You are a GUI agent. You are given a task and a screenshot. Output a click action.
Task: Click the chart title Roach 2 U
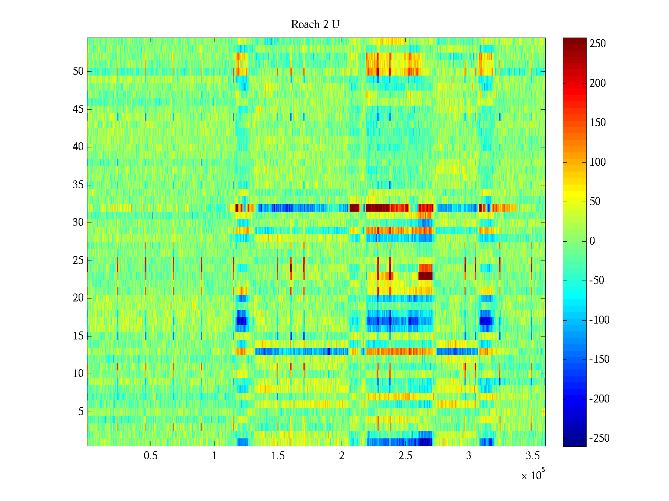(315, 25)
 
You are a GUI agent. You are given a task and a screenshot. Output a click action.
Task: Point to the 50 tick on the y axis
(78, 71)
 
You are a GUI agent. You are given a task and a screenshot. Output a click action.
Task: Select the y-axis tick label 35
(78, 185)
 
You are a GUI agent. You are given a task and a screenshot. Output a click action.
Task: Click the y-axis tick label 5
(81, 412)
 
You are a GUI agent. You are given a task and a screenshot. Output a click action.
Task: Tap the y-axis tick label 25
(78, 261)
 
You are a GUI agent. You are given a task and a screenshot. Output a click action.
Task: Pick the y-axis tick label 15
(78, 336)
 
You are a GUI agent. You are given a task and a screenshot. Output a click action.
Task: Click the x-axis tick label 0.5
(151, 456)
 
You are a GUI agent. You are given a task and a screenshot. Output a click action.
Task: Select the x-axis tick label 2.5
(405, 456)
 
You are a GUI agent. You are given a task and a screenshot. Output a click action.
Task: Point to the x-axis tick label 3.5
(532, 456)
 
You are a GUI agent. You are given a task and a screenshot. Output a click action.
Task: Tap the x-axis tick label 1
(214, 456)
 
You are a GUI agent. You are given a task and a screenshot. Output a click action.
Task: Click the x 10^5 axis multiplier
(533, 475)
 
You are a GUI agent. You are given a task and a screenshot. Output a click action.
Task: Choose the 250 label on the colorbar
(598, 44)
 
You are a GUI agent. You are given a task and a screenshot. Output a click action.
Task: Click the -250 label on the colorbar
(599, 438)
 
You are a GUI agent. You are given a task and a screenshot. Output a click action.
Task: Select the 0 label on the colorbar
(592, 241)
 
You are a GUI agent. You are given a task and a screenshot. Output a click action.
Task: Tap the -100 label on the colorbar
(599, 320)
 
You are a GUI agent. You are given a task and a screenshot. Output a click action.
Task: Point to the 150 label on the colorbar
(598, 123)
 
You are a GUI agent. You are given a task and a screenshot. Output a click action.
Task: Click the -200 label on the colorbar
(599, 399)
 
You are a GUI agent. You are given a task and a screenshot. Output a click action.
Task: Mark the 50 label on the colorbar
(595, 202)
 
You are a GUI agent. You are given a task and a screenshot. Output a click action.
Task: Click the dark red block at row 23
(426, 276)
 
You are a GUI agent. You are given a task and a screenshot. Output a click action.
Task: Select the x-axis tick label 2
(342, 456)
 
